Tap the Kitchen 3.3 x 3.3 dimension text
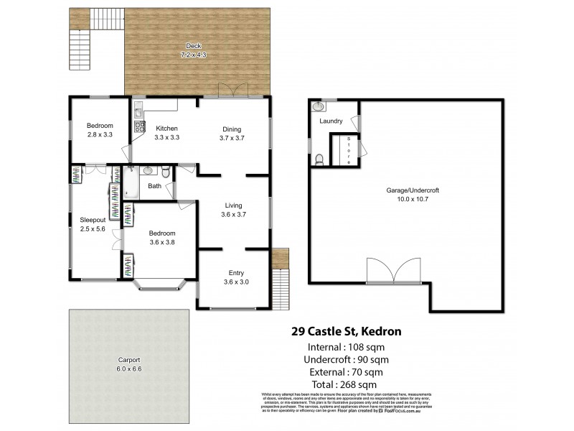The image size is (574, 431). (166, 137)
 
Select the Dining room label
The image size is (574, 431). (231, 129)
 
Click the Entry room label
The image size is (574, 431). (235, 272)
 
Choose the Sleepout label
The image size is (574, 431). (93, 221)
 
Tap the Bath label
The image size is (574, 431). (155, 186)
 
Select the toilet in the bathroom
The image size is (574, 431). (164, 172)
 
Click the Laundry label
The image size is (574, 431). (331, 121)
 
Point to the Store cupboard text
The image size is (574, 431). (349, 150)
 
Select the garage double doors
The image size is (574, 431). (393, 271)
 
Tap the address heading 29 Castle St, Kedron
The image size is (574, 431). (345, 332)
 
